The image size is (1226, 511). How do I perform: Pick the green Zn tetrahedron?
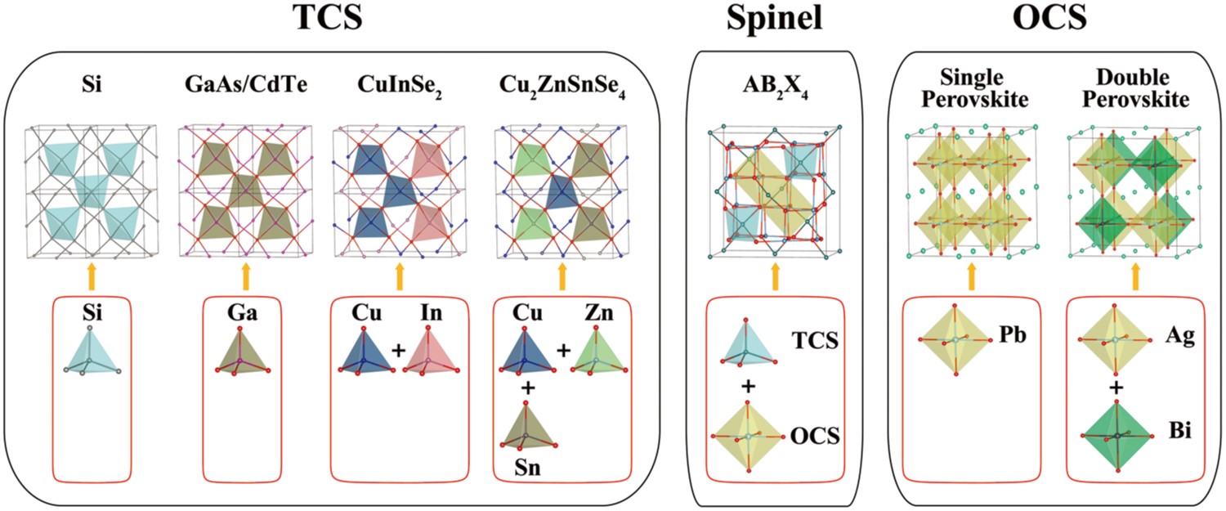coord(593,354)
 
